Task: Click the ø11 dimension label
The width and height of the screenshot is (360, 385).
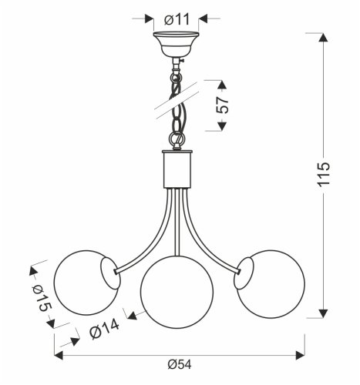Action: coord(177,18)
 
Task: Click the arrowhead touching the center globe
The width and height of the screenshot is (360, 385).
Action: coord(132,314)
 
